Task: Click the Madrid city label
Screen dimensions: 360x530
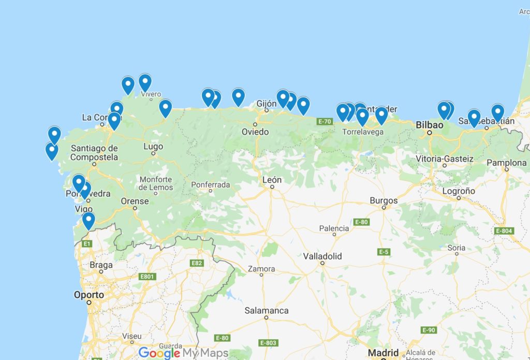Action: [x=384, y=353]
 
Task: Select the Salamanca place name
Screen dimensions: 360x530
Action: [x=267, y=311]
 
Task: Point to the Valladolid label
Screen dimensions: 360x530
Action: [x=322, y=256]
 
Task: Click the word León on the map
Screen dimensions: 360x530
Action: [x=272, y=180]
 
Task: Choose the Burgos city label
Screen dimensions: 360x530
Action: [x=384, y=200]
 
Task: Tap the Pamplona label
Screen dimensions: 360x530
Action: [x=507, y=163]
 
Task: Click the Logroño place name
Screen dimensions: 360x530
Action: [x=459, y=191]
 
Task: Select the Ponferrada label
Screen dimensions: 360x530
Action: [x=210, y=184]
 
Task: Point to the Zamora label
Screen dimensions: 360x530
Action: [x=261, y=269]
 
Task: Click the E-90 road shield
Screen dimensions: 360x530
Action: [x=429, y=330]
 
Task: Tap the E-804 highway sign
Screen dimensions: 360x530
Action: [x=504, y=231]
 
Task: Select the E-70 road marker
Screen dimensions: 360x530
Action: [x=325, y=121]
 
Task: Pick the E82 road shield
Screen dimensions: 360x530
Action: [x=197, y=263]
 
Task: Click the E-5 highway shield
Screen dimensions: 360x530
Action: [x=384, y=252]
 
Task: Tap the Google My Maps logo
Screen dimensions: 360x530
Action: [x=183, y=353]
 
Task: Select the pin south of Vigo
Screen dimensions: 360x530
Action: [x=89, y=220]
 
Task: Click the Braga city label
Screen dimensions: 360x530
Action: [x=101, y=265]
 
